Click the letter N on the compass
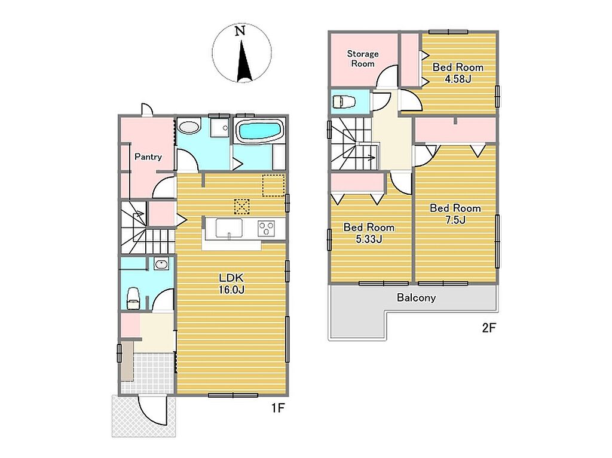pos(240,31)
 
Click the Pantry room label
pos(148,157)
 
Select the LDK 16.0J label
pos(232,284)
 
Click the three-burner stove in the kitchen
pos(266,228)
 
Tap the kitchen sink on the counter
pos(229,228)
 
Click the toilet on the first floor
pos(133,298)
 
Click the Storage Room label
pos(363,59)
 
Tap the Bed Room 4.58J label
pos(458,73)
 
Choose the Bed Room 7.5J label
pos(455,214)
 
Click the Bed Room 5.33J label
pos(369,233)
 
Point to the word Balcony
pos(416,298)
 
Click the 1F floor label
pos(279,408)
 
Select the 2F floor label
pos(489,328)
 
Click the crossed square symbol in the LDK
pos(241,207)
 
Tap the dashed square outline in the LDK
pos(273,185)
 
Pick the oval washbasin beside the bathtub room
pos(188,127)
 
